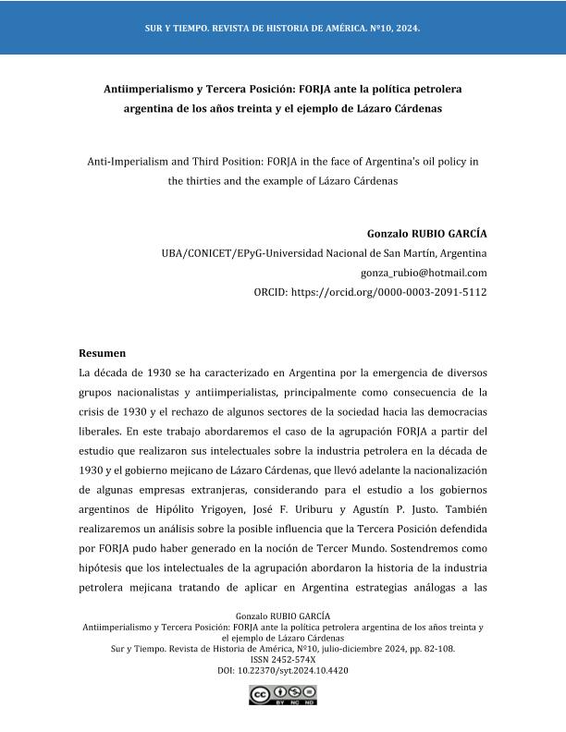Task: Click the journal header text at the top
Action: [282, 29]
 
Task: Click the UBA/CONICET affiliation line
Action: [324, 253]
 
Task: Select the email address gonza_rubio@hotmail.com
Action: [424, 273]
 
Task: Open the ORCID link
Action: [370, 292]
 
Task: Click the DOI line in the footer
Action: [282, 671]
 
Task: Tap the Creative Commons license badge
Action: [282, 696]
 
